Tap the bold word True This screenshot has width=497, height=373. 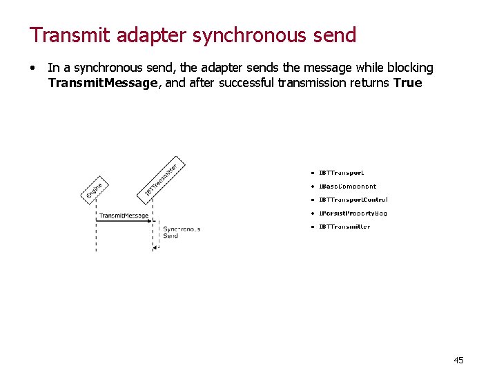pyautogui.click(x=407, y=83)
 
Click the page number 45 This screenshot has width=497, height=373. pyautogui.click(x=458, y=360)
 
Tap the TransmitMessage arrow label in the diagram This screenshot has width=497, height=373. pyautogui.click(x=123, y=216)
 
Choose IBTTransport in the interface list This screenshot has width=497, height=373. pyautogui.click(x=341, y=173)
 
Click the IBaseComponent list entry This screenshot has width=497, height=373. pyautogui.click(x=347, y=186)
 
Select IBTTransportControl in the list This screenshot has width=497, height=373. pyautogui.click(x=353, y=200)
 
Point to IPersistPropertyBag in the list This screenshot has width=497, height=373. pyautogui.click(x=352, y=213)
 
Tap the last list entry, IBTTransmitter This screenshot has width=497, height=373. pyautogui.click(x=344, y=227)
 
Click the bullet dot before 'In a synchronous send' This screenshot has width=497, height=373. pyautogui.click(x=32, y=68)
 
